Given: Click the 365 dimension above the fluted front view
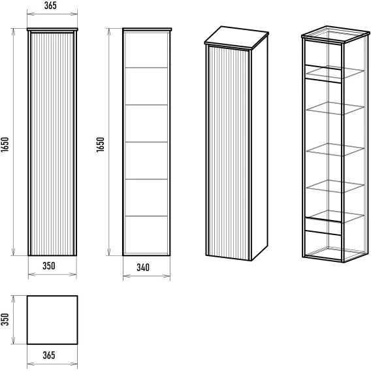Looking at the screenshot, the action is (50, 5).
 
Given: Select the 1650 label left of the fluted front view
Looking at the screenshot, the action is (5, 144).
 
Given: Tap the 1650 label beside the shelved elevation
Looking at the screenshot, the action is (101, 144).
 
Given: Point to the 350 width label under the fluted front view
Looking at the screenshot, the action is (49, 266).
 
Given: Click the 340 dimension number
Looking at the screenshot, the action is (143, 267).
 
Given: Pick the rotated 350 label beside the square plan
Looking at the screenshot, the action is (5, 319).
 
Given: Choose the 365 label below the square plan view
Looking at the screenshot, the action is (49, 355).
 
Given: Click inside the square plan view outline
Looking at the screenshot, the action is (52, 320).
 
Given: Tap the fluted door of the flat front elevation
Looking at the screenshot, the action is (52, 144).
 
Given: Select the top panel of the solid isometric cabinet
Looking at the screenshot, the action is (236, 35).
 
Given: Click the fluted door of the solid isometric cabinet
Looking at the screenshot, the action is (229, 153).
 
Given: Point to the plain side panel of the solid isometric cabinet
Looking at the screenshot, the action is (259, 148).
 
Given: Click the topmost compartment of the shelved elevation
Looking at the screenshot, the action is (146, 50).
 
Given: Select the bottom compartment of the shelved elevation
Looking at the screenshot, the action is (146, 235).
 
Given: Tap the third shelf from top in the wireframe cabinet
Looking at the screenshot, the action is (335, 150).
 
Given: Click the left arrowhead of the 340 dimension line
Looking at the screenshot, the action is (126, 276).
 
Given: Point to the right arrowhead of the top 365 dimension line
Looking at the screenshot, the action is (74, 14).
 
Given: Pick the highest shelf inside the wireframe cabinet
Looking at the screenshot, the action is (335, 72).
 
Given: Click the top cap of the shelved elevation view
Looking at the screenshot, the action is (147, 29).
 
